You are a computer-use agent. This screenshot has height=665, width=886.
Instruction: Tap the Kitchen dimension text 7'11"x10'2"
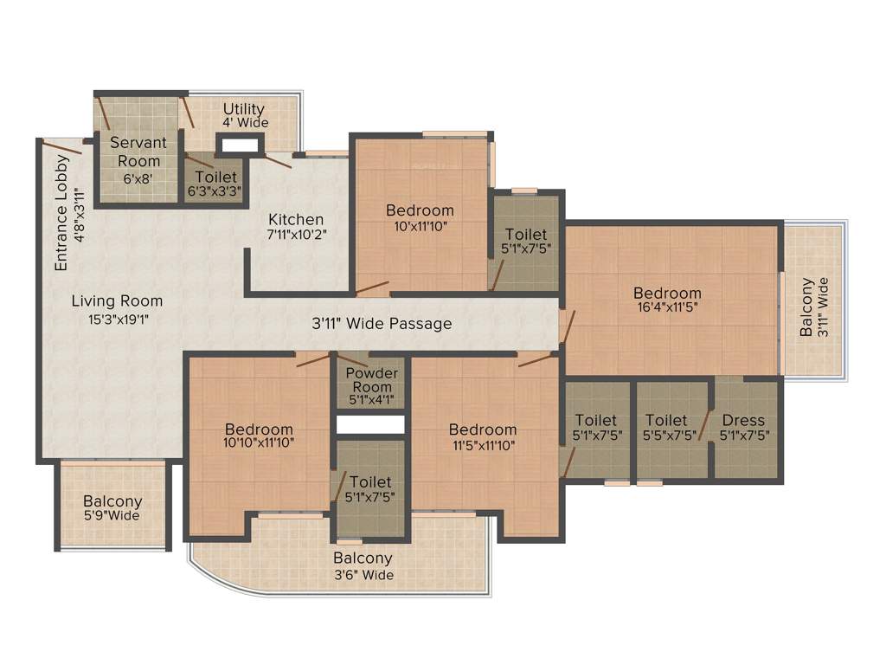pos(296,234)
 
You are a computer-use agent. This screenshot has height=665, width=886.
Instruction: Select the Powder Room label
pos(372,379)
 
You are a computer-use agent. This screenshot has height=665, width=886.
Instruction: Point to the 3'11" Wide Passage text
pos(382,324)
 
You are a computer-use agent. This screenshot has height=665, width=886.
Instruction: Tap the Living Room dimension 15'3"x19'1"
pos(117,319)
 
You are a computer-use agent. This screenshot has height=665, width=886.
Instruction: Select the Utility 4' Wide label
pos(244,115)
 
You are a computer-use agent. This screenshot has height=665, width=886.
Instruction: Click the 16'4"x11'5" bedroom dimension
pos(667,308)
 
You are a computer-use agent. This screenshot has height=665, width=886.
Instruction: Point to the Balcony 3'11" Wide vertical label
pos(814,307)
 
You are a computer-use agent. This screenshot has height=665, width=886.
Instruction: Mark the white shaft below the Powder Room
pos(370,425)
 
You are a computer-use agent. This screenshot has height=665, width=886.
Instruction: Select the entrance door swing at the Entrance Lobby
pos(62,146)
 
